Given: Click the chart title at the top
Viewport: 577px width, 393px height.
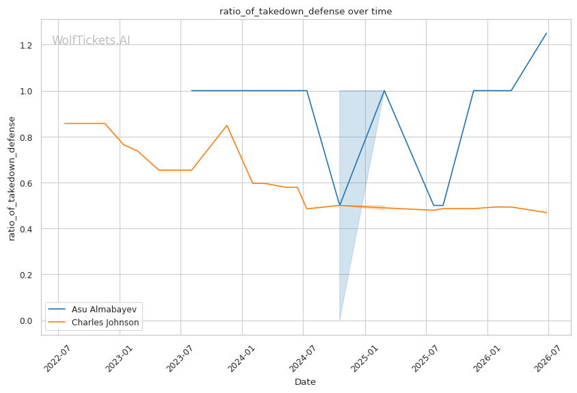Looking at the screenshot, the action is pyautogui.click(x=306, y=12).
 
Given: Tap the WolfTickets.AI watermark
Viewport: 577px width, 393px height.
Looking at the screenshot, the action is pyautogui.click(x=91, y=40).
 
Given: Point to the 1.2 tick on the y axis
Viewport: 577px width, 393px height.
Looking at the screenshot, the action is pyautogui.click(x=26, y=45).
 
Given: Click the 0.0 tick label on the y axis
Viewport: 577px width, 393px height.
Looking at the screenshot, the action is pyautogui.click(x=26, y=321).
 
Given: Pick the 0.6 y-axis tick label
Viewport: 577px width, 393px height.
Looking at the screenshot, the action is pyautogui.click(x=26, y=183).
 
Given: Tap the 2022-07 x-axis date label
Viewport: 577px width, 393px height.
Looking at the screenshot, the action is pyautogui.click(x=57, y=359).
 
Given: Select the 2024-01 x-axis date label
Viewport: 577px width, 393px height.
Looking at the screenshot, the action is pyautogui.click(x=241, y=359).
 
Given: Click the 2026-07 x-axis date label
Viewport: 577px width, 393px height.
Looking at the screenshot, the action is pyautogui.click(x=547, y=359).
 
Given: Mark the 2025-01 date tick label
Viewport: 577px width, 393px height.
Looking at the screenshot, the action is pyautogui.click(x=364, y=359).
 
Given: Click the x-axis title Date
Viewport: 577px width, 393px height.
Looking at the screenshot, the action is pyautogui.click(x=305, y=382).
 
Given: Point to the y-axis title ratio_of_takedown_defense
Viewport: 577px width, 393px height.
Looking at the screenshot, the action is pyautogui.click(x=12, y=179).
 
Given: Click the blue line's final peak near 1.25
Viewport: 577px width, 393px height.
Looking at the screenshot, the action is pyautogui.click(x=546, y=33).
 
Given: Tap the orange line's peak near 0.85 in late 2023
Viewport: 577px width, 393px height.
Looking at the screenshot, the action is pyautogui.click(x=227, y=126).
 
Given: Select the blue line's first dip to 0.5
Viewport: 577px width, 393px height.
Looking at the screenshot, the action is pyautogui.click(x=340, y=205).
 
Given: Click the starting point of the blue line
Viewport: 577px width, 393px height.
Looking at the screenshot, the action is pyautogui.click(x=191, y=90).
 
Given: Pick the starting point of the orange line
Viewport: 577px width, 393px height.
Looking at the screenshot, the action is pyautogui.click(x=65, y=123).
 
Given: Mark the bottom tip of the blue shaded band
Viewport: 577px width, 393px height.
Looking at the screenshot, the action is pyautogui.click(x=340, y=320).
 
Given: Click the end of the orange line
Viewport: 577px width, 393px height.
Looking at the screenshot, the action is pyautogui.click(x=547, y=213).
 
